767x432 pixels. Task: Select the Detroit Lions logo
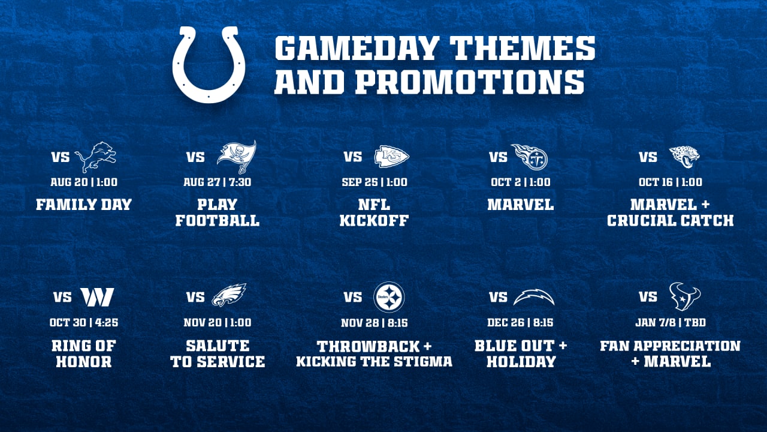95,157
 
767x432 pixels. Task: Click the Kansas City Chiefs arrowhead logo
391,157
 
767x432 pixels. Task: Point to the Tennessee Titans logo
529,157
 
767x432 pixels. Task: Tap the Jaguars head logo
684,157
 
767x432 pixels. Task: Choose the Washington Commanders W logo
96,297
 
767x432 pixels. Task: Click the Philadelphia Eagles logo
229,296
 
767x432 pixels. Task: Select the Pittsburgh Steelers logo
389,297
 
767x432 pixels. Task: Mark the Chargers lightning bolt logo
534,297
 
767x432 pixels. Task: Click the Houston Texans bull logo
684,296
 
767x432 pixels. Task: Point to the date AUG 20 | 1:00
83,182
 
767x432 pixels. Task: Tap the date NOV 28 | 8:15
374,323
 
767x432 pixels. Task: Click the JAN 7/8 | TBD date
670,323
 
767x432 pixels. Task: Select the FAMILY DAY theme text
83,205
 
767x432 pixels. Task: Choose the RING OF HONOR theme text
83,353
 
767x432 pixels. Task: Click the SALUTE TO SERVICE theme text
218,353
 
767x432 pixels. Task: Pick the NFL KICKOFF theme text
374,212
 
